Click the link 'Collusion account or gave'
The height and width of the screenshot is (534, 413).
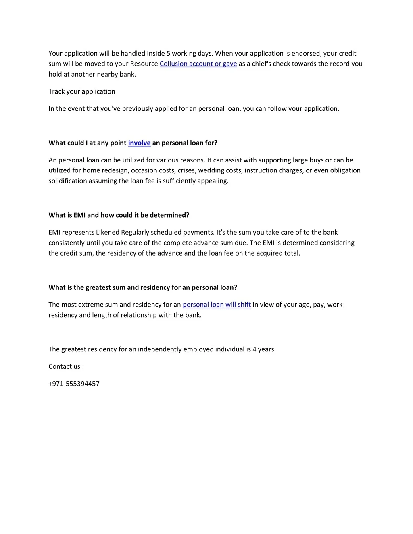pyautogui.click(x=198, y=64)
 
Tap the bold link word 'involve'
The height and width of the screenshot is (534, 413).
pyautogui.click(x=139, y=143)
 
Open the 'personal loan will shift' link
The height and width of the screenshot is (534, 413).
pyautogui.click(x=217, y=305)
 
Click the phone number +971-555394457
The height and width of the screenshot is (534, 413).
pyautogui.click(x=74, y=384)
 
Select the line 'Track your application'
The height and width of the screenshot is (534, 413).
pyautogui.click(x=82, y=91)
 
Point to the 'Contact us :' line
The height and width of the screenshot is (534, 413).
pyautogui.click(x=66, y=366)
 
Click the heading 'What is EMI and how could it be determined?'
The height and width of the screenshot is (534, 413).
pyautogui.click(x=119, y=215)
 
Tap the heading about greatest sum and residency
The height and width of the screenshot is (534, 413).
pyautogui.click(x=143, y=287)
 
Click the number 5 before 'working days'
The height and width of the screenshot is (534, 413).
pyautogui.click(x=169, y=54)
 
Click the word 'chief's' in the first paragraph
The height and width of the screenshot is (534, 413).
pyautogui.click(x=263, y=64)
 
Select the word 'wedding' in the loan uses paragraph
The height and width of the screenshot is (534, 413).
pyautogui.click(x=211, y=170)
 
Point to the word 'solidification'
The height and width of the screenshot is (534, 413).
pyautogui.click(x=68, y=181)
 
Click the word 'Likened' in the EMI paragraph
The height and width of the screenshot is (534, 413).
pyautogui.click(x=108, y=233)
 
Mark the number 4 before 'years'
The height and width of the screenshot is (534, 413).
pyautogui.click(x=254, y=349)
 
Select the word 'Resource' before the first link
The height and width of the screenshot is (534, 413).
pyautogui.click(x=144, y=64)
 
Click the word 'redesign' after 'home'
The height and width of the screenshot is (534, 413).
pyautogui.click(x=116, y=170)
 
